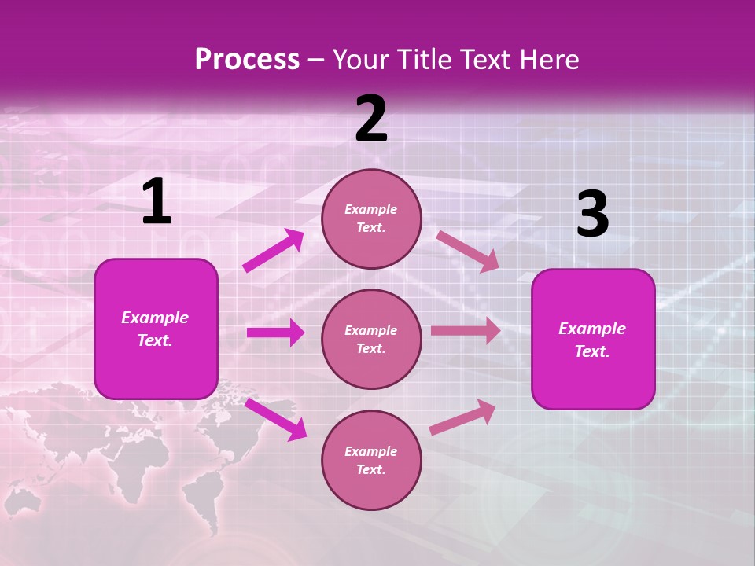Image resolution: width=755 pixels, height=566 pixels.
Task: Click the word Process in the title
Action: coord(247,60)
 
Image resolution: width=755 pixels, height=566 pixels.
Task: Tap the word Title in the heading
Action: coord(425,60)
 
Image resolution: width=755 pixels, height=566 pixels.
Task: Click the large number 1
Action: coord(157,202)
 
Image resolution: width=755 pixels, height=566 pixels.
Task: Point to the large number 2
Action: coord(371,119)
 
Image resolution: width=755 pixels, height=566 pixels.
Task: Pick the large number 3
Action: coord(592,215)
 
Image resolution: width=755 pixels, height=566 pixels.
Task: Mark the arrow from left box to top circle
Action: coord(273,251)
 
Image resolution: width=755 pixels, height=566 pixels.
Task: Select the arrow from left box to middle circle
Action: coord(275,333)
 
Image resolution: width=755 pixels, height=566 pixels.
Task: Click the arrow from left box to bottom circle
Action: coord(275,418)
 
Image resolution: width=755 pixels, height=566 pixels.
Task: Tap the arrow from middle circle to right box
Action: coord(466,331)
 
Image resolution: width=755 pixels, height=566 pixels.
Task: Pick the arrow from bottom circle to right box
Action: coord(462,417)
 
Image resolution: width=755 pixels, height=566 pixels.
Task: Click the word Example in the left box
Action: coord(155,318)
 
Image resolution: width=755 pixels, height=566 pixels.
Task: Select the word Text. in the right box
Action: coord(592,351)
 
